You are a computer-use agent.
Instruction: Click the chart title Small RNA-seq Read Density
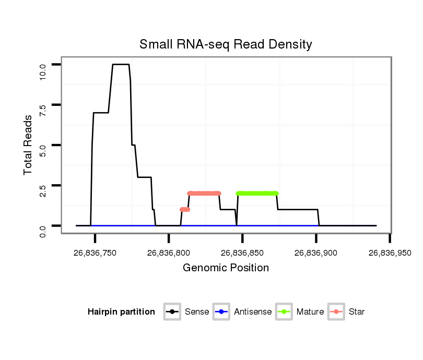click(x=226, y=44)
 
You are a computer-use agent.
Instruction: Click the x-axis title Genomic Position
click(x=226, y=268)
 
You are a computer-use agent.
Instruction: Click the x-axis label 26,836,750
click(x=95, y=253)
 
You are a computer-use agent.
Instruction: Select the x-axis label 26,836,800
click(x=169, y=253)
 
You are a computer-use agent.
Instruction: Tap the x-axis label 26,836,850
click(x=242, y=253)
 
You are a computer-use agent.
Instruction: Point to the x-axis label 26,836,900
click(x=316, y=253)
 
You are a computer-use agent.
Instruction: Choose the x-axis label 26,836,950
click(x=390, y=253)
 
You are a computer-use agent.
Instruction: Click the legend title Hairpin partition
click(x=121, y=312)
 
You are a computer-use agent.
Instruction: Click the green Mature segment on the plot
click(x=257, y=193)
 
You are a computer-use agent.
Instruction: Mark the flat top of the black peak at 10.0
click(x=121, y=64)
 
